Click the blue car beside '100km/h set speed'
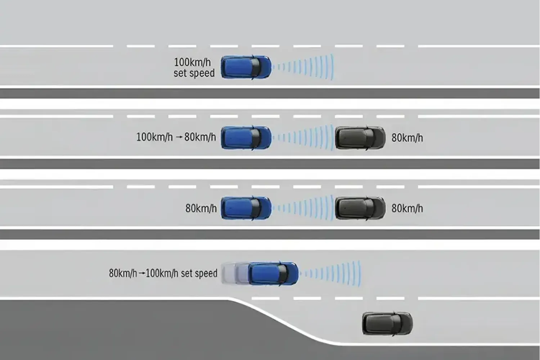(x=246, y=67)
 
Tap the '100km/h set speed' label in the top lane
(x=194, y=67)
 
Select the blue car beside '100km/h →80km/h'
(x=246, y=138)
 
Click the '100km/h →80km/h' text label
(x=176, y=137)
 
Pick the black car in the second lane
(x=360, y=138)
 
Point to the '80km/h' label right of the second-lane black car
(x=407, y=138)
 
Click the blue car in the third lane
(x=246, y=208)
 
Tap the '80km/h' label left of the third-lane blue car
(x=201, y=208)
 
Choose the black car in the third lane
(x=360, y=208)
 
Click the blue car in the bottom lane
(x=274, y=274)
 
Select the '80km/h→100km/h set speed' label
(x=163, y=273)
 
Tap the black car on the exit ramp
(x=387, y=323)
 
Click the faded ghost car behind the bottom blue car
(x=230, y=274)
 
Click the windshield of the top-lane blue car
(x=255, y=67)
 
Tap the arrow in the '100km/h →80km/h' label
(x=179, y=138)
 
